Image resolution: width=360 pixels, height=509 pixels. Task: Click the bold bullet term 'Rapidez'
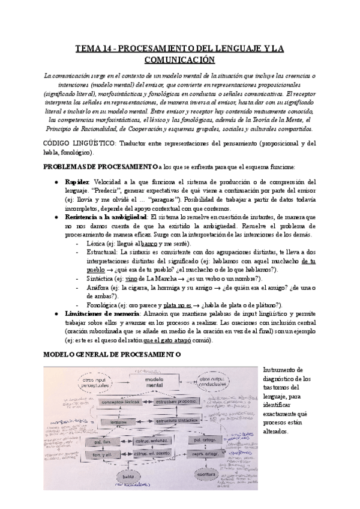tap(77, 182)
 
